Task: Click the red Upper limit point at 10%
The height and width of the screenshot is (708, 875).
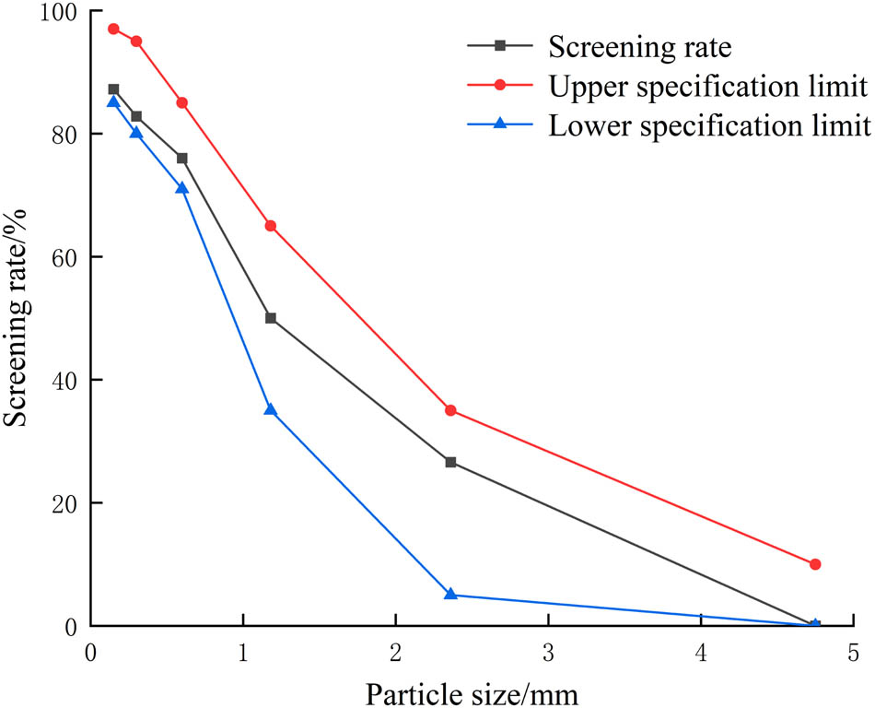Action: click(x=814, y=564)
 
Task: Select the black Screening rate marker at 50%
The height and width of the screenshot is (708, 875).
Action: click(x=271, y=318)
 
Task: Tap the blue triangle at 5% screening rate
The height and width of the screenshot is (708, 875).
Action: click(x=450, y=595)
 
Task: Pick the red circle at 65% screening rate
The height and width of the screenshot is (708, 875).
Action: click(x=271, y=226)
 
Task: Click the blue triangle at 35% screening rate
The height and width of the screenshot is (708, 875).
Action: click(x=271, y=409)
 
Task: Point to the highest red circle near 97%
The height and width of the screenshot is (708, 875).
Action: click(x=113, y=29)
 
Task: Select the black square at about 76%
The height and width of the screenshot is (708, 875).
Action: click(x=182, y=159)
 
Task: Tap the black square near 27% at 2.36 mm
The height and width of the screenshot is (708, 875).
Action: click(x=450, y=462)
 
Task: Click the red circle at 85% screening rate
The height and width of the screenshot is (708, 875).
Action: click(x=182, y=102)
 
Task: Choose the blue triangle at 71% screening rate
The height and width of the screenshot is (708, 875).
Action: click(x=182, y=188)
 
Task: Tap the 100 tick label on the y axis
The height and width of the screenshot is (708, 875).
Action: click(x=61, y=12)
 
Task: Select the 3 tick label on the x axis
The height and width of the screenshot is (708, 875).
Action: click(x=548, y=651)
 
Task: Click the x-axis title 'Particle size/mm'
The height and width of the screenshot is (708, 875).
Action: click(x=472, y=691)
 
